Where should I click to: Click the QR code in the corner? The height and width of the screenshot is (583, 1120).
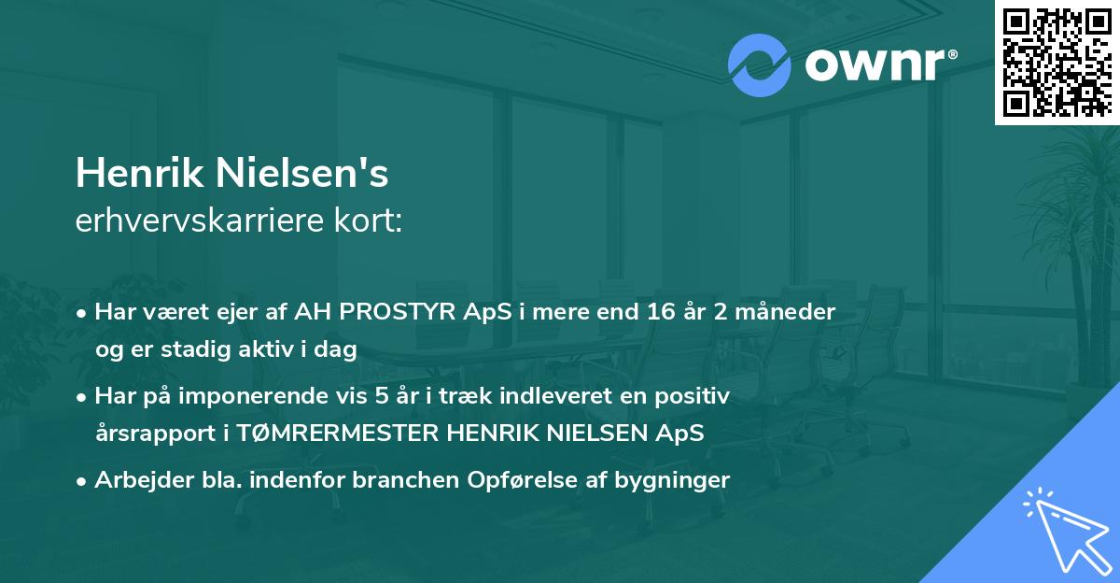[x=1056, y=62]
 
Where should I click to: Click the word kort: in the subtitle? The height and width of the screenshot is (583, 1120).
[x=373, y=221]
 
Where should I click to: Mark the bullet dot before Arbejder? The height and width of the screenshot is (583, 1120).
[x=83, y=481]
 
